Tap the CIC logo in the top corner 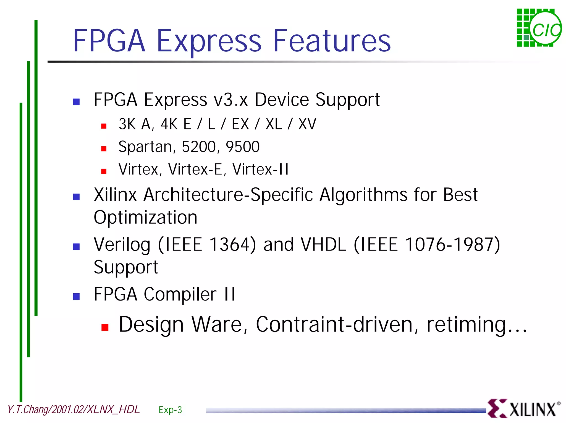[x=539, y=28]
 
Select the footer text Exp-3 [x=170, y=410]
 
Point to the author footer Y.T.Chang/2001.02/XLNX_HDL [x=74, y=409]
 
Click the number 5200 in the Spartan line [x=199, y=147]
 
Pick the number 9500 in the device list [x=243, y=147]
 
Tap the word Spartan [x=145, y=147]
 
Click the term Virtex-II [x=260, y=169]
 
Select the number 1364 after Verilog [x=232, y=244]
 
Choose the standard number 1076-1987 [x=452, y=244]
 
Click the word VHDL [x=323, y=244]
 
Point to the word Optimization [x=146, y=218]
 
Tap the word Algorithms [x=363, y=195]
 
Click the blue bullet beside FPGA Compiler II [x=76, y=296]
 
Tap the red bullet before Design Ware [x=105, y=327]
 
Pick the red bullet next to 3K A [x=104, y=126]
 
